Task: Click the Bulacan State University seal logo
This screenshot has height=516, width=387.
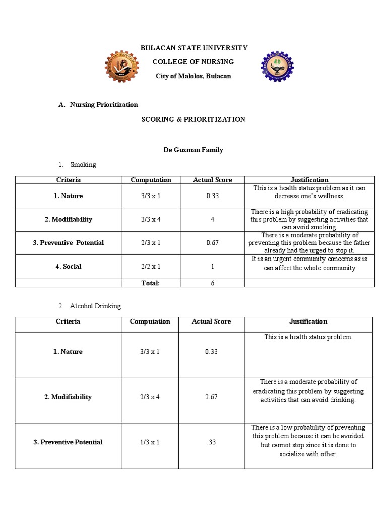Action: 121,67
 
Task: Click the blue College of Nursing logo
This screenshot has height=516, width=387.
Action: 277,67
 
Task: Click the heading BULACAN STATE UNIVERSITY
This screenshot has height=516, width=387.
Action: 194,48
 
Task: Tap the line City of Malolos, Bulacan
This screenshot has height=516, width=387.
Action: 193,76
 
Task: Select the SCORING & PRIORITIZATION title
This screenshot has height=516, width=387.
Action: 193,119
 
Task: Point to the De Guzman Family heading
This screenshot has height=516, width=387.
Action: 193,150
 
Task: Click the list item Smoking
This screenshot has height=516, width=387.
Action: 83,165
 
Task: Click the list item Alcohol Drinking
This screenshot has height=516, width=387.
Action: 95,306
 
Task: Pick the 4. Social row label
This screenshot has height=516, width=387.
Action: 69,267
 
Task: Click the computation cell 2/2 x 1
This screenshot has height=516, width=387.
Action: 151,267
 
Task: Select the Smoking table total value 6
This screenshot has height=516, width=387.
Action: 213,283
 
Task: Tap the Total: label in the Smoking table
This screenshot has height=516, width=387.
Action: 151,283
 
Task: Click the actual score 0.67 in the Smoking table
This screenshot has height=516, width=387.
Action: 212,243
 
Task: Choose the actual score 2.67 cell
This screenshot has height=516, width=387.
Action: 211,397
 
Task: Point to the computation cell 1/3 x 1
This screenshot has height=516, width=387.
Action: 150,442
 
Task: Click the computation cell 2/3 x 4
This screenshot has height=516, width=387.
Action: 150,397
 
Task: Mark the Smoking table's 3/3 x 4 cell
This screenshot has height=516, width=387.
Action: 151,220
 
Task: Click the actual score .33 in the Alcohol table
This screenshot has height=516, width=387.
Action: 211,442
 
